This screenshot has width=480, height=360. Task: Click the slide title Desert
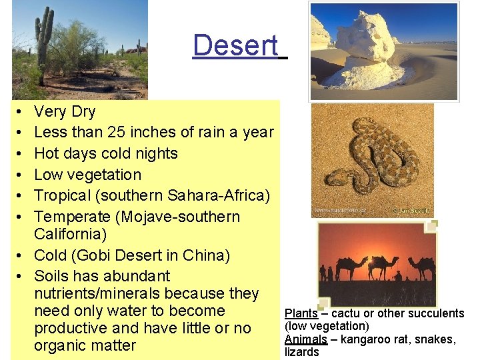(235, 45)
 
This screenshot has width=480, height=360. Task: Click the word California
(70, 235)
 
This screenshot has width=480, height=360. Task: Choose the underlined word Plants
(301, 313)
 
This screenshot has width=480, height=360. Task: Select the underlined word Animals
(305, 339)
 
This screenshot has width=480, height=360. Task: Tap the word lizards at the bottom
(302, 352)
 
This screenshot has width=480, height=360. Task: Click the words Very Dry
(65, 111)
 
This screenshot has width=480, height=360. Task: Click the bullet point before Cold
(20, 256)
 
